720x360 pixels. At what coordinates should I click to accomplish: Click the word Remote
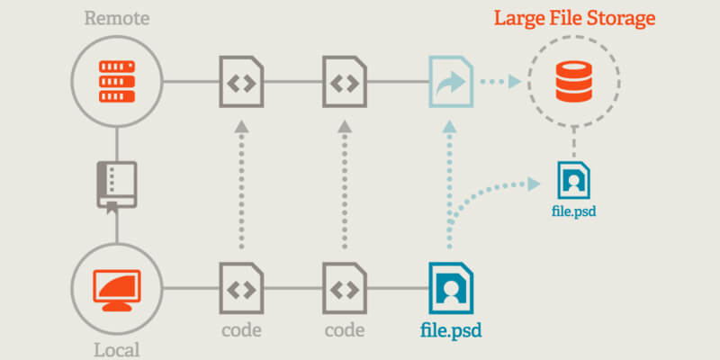click(116, 17)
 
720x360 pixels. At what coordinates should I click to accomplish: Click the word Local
click(116, 347)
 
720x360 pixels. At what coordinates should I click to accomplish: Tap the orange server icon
click(116, 80)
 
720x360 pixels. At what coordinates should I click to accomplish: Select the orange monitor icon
click(116, 290)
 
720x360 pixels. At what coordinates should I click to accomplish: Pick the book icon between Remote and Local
click(116, 184)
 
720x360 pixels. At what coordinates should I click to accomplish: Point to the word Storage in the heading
click(620, 17)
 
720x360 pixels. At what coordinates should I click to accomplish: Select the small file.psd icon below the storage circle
click(574, 180)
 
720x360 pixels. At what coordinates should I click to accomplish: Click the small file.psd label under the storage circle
click(574, 213)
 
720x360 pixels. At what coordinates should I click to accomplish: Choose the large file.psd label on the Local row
click(451, 329)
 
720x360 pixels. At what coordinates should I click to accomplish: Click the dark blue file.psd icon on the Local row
click(450, 289)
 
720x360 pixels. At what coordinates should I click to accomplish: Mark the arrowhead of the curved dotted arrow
click(536, 184)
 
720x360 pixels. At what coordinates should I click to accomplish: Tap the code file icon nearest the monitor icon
click(241, 289)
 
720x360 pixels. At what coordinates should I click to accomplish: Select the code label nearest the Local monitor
click(241, 329)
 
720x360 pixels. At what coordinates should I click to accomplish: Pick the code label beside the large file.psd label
click(344, 329)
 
